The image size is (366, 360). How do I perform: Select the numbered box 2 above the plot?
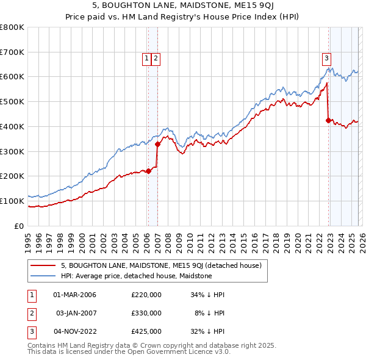point(156,59)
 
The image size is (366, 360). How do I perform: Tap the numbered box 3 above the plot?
point(326,59)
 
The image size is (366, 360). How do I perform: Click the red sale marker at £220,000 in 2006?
point(148,171)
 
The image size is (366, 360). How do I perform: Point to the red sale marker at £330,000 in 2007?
point(157,144)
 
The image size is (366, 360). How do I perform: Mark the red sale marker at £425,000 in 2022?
point(329,120)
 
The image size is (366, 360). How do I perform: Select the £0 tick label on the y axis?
point(20,226)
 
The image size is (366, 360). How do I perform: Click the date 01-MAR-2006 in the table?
point(75,295)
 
